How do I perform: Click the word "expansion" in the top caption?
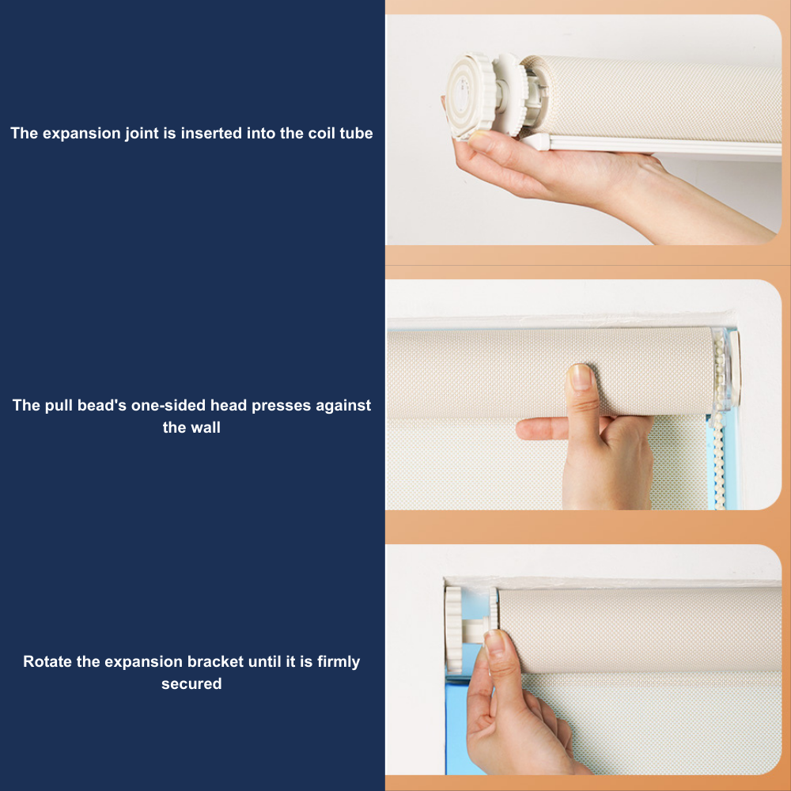pos(81,134)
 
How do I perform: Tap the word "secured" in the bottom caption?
pos(191,683)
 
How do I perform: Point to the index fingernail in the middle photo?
pos(581,376)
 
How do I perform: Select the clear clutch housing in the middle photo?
pos(721,369)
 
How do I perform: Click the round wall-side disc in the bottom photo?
pos(453,629)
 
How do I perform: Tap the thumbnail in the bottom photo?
pos(495,642)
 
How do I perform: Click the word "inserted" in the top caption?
pos(211,133)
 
